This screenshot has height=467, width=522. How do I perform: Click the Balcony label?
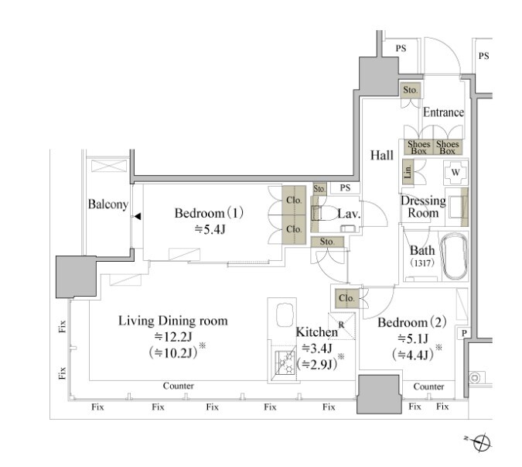(x=107, y=204)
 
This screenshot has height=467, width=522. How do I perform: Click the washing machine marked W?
(x=455, y=172)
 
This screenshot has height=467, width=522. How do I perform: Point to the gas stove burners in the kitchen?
(x=285, y=362)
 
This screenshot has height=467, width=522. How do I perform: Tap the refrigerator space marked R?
(x=342, y=326)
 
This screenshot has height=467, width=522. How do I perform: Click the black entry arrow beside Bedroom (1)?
(x=137, y=216)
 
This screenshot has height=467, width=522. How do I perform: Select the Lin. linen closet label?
(x=408, y=171)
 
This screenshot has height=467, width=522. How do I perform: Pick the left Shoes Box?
(x=419, y=147)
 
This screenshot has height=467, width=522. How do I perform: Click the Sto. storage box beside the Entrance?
(x=411, y=90)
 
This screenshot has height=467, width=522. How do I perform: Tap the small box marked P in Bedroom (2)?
(x=464, y=333)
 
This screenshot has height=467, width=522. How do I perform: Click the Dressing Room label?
(x=423, y=207)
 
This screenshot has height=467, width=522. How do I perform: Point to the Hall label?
(x=382, y=156)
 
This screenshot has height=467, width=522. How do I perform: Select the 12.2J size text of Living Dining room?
(x=173, y=337)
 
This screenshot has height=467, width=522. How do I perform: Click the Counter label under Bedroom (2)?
(x=428, y=386)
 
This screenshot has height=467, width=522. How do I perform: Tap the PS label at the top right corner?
(x=483, y=56)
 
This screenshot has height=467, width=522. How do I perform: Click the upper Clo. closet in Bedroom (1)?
(x=294, y=201)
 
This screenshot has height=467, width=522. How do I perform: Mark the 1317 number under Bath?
(x=422, y=263)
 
